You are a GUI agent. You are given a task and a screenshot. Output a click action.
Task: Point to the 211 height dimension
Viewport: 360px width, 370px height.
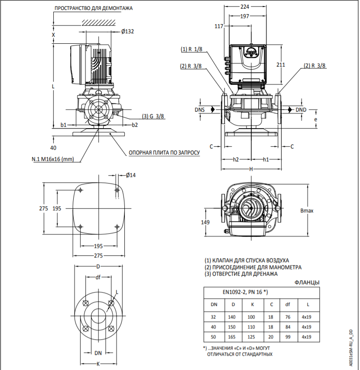point(281,65)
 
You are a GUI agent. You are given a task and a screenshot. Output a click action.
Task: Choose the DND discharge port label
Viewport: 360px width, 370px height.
point(301,110)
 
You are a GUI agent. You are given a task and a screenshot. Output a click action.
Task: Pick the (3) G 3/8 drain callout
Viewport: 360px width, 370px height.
point(154,116)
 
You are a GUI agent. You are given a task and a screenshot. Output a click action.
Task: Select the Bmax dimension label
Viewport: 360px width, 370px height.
point(307,211)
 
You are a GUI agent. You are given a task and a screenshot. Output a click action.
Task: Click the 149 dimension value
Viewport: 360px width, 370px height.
point(205,222)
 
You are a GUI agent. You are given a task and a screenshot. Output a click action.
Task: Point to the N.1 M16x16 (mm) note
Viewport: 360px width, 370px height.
point(53,159)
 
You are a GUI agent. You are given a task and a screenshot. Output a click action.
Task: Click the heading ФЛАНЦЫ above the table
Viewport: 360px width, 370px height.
point(307,283)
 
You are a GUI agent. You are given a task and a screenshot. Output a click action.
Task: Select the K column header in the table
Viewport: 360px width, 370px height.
point(251,304)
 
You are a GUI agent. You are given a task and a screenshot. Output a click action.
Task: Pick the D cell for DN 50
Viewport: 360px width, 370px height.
point(232,336)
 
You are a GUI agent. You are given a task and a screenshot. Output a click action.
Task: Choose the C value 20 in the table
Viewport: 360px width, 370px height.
point(271,336)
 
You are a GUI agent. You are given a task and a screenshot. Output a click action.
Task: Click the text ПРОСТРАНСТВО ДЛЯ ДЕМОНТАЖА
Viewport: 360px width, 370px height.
point(93,9)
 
